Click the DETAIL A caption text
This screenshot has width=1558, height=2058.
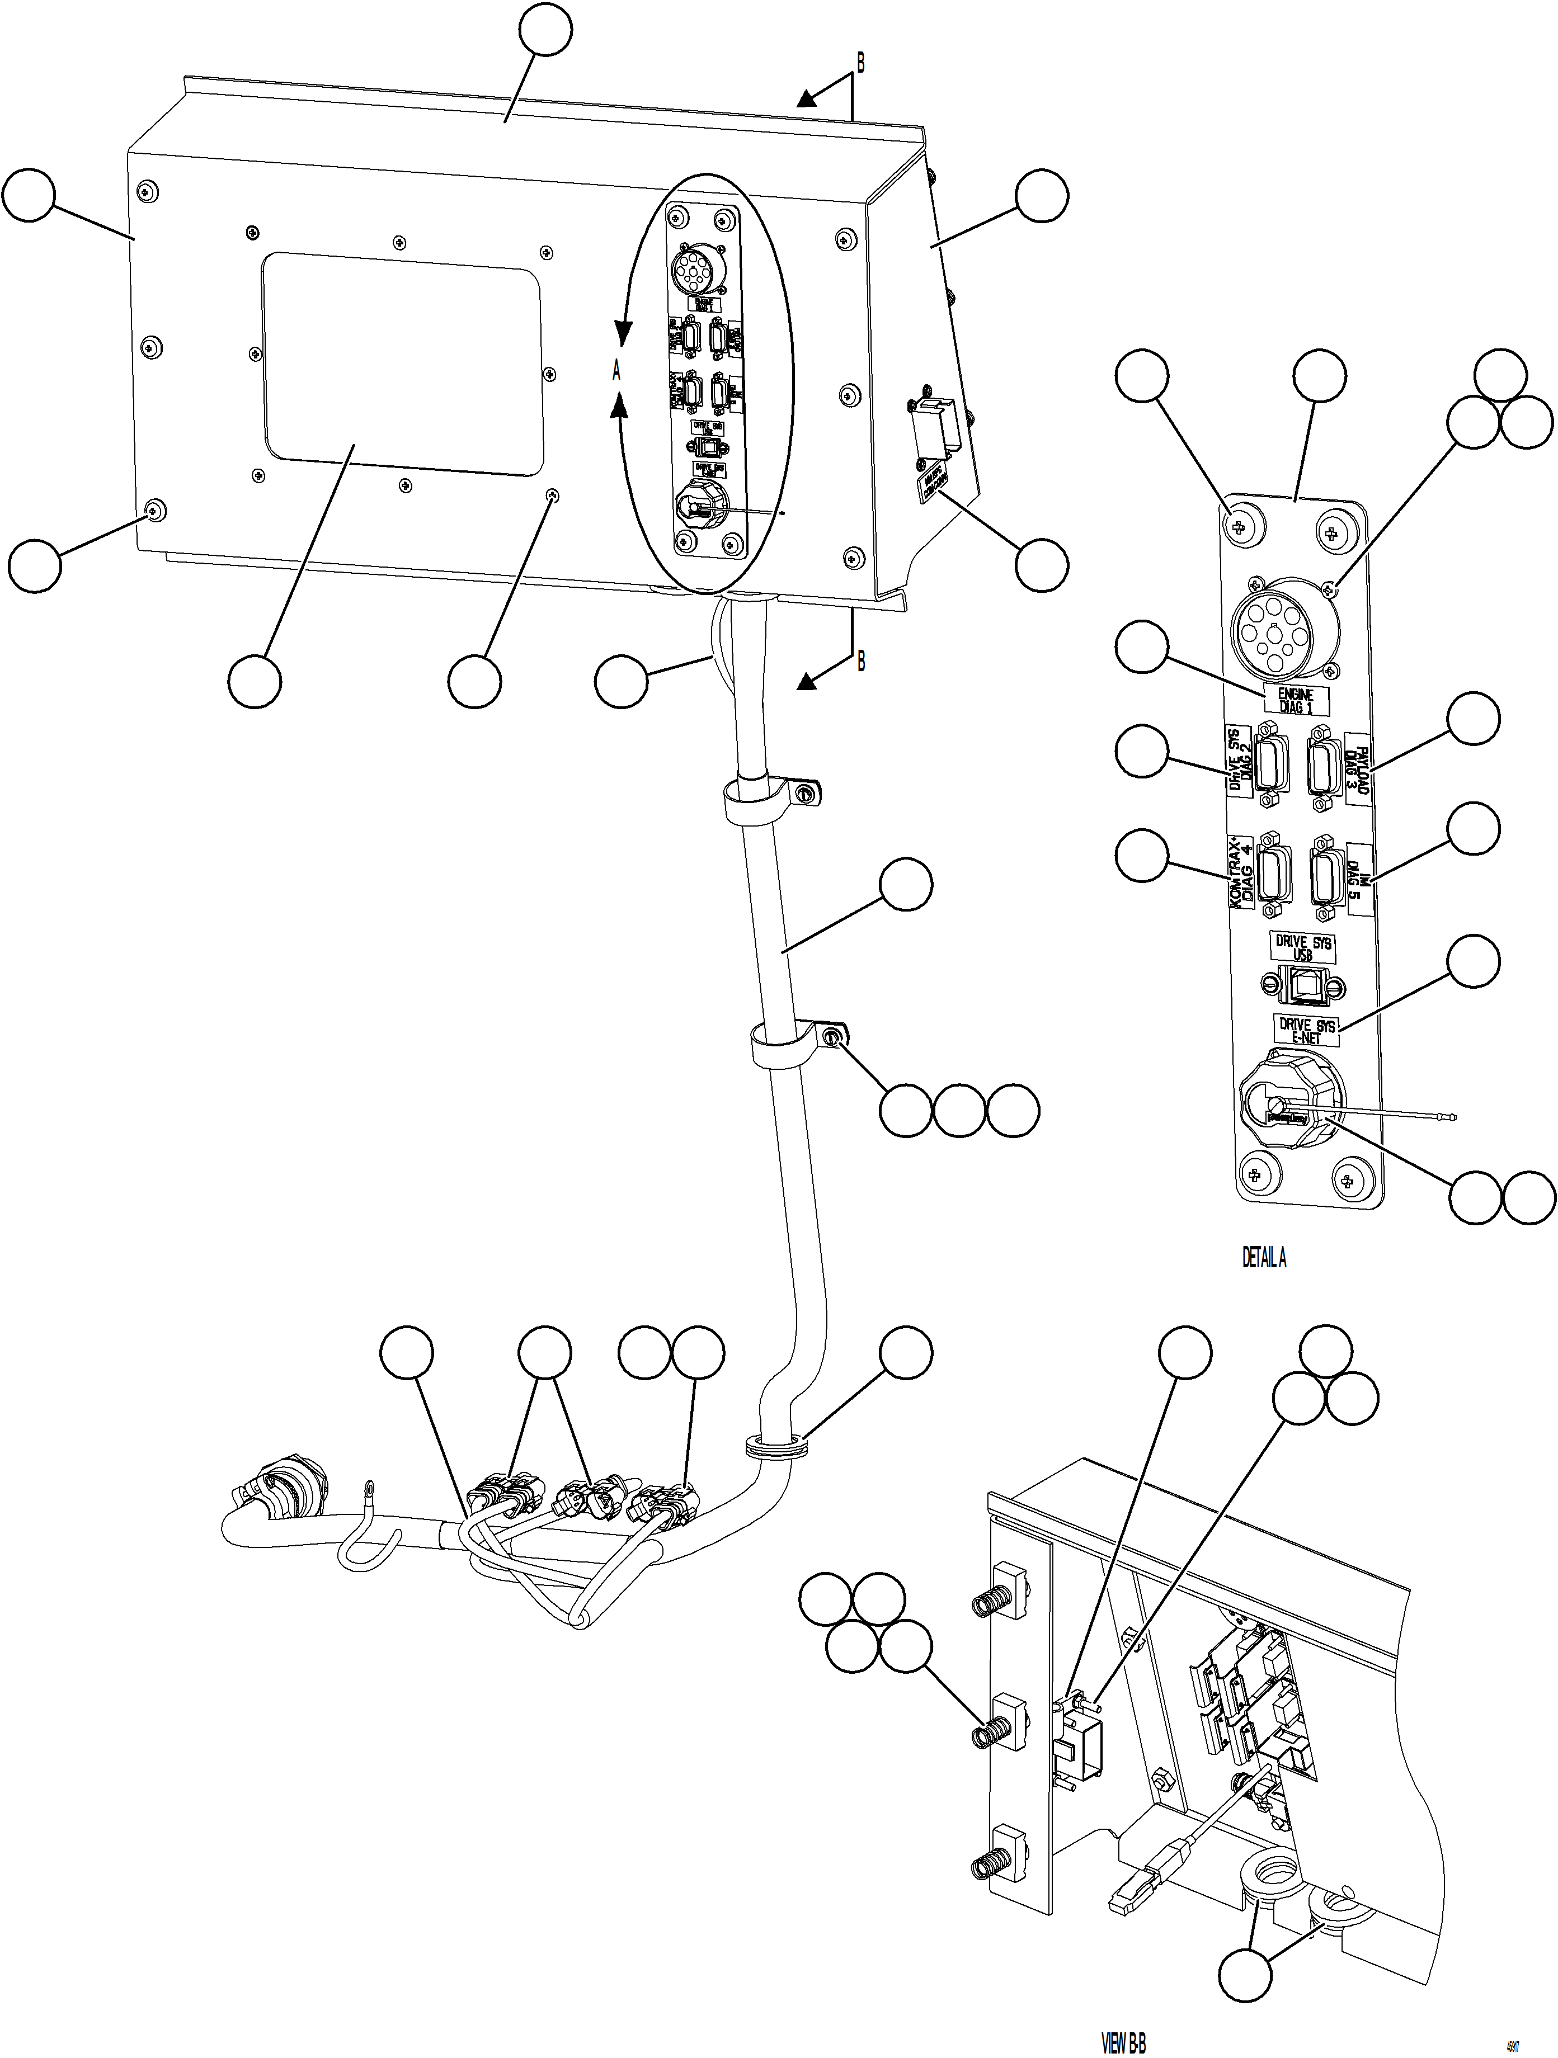1264,1258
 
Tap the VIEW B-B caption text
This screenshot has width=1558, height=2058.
1123,2043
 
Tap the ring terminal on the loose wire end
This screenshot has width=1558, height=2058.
369,1492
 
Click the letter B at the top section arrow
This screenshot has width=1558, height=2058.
860,63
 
